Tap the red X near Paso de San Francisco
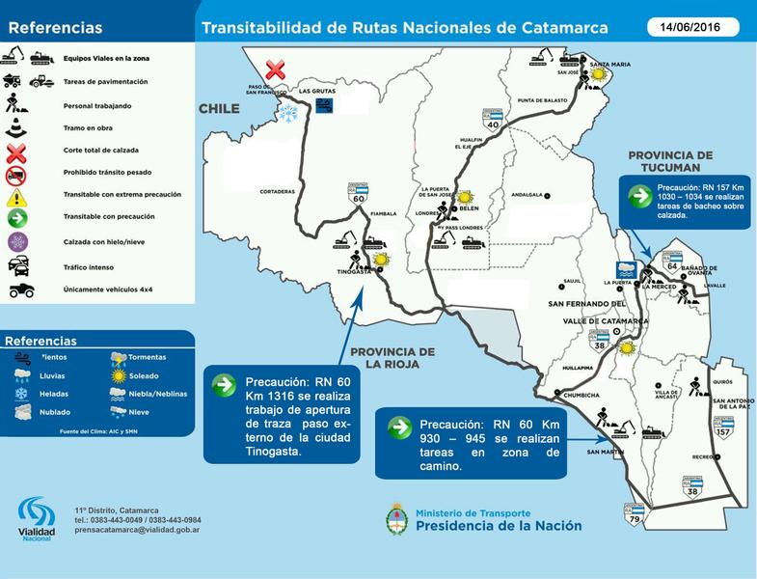click(276, 69)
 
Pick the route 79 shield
click(634, 516)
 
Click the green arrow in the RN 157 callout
click(638, 196)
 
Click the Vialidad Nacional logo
click(37, 518)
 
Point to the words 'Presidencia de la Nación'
click(499, 526)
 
